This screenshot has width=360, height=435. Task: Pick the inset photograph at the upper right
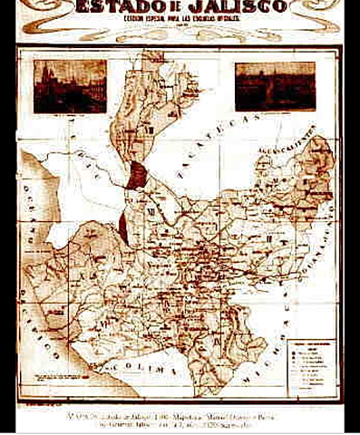275,86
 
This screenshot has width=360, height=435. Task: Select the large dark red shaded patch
136,174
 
